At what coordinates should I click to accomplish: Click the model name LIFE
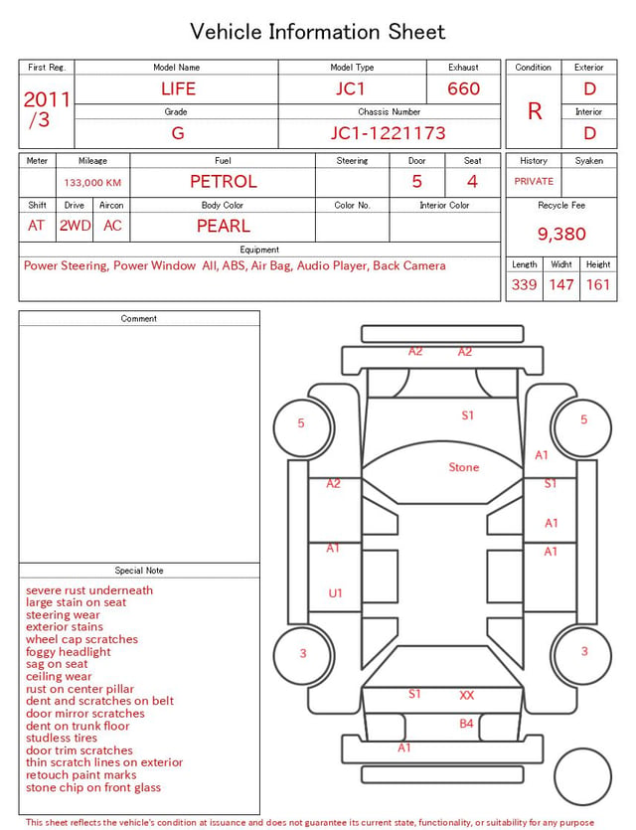coord(178,88)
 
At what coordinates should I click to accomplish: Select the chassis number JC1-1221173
coord(389,133)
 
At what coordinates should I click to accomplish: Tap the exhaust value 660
coord(463,88)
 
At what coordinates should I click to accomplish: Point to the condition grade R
coord(535,111)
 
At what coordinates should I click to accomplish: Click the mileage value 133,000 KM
coord(92,183)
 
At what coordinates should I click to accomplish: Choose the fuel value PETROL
coord(224,182)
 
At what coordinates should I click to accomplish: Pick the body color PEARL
coord(224,226)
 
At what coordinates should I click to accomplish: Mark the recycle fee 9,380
coord(561,234)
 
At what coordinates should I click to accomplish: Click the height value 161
coord(598,284)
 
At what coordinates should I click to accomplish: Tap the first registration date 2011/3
coord(46,109)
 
